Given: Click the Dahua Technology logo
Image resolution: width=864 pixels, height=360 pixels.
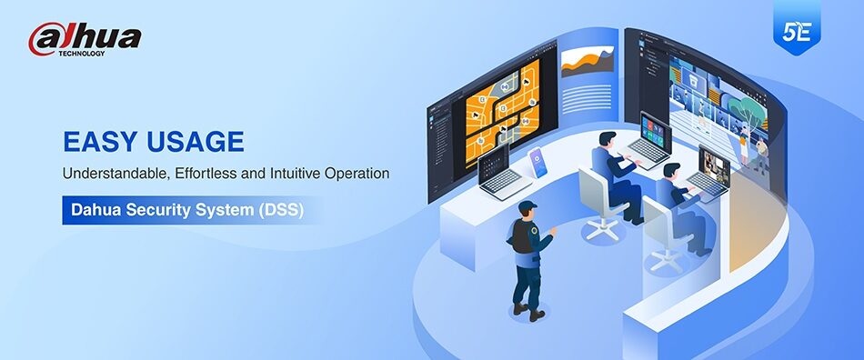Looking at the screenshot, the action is pyautogui.click(x=85, y=39).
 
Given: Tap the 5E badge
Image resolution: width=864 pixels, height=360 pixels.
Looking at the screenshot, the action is pyautogui.click(x=796, y=30).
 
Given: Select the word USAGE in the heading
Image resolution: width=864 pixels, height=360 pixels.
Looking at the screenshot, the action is pyautogui.click(x=195, y=142).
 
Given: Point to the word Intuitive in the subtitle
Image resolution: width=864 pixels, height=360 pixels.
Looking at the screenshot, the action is pyautogui.click(x=295, y=174).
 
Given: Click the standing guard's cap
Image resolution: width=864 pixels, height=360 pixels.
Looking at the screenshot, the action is pyautogui.click(x=527, y=205).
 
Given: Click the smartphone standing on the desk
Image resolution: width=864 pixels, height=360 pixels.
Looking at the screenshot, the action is pyautogui.click(x=537, y=163).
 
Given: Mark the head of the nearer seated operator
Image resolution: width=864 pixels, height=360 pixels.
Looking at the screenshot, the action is pyautogui.click(x=671, y=171).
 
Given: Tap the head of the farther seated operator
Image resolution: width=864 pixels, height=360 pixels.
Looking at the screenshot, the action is pyautogui.click(x=608, y=140).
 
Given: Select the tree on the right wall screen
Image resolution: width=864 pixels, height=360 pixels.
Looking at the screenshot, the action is pyautogui.click(x=746, y=110).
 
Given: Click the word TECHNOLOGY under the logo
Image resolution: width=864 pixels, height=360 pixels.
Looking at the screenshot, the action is pyautogui.click(x=82, y=54).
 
